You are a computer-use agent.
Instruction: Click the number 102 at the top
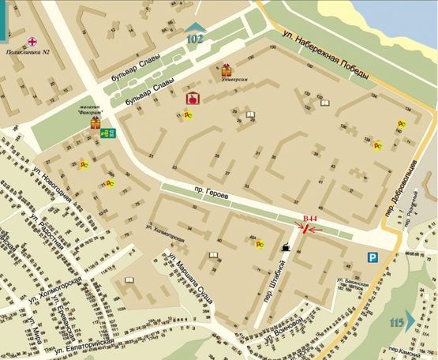[x=195, y=39]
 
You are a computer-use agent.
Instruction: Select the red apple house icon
[x=190, y=99]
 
